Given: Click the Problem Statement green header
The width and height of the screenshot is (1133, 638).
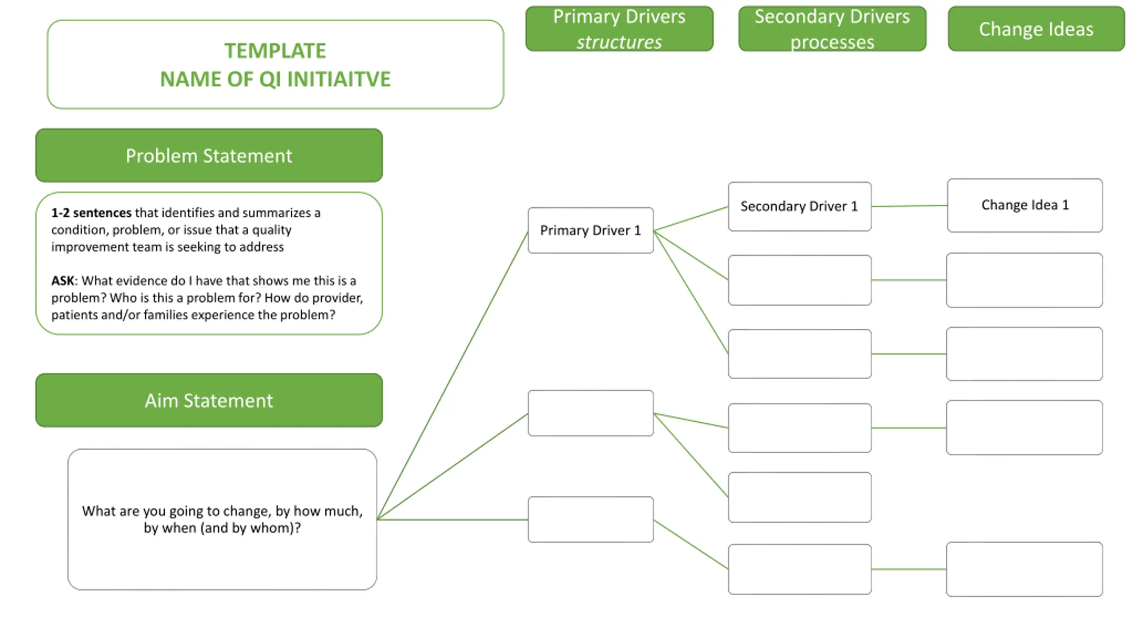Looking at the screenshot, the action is tap(209, 156).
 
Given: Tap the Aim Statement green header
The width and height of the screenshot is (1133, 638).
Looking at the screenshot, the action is tap(209, 401).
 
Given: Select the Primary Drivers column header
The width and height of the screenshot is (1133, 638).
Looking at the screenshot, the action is tap(619, 29).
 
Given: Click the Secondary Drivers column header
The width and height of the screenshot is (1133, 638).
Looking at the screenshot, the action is tap(832, 29).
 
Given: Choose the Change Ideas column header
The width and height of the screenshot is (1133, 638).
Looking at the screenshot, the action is tap(1036, 29).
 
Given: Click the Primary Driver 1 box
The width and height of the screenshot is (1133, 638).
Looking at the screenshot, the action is tap(590, 230).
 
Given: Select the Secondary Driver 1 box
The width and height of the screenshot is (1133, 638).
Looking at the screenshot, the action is tap(800, 206).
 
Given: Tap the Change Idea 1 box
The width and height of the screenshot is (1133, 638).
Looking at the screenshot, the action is tap(1025, 205).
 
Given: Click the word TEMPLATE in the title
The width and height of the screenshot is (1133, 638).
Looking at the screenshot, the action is tap(275, 51).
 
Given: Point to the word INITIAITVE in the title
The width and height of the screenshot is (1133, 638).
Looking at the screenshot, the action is tap(339, 79).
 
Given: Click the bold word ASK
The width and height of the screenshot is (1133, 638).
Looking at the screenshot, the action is tap(63, 281).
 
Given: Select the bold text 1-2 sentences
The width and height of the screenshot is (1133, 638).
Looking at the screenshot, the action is tap(91, 213).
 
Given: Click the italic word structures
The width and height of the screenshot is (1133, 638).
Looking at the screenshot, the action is tap(619, 42).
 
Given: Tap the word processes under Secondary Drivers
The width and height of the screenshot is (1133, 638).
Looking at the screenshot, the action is tap(832, 43).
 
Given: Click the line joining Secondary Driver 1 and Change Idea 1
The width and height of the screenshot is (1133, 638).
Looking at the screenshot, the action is tap(909, 206).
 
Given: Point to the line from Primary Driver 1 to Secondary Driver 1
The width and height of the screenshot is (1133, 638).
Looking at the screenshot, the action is tap(691, 218).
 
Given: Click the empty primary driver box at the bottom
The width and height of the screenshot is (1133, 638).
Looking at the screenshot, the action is tap(590, 519).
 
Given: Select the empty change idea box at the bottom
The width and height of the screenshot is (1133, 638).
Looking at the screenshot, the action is tap(1025, 569).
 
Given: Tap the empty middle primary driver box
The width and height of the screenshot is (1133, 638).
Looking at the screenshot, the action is tap(590, 413).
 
